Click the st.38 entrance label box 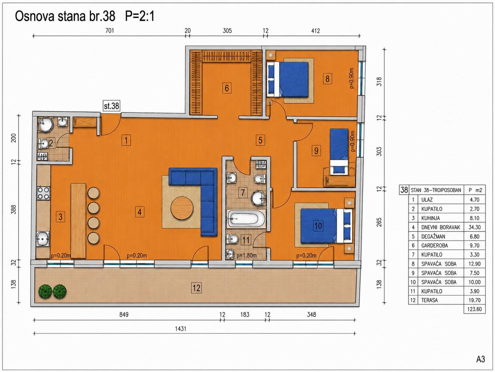(x=111, y=106)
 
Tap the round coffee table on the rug (x=182, y=208)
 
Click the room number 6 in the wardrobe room (x=227, y=88)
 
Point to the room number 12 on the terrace (x=196, y=288)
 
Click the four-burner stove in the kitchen (x=44, y=193)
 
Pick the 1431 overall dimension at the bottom (x=180, y=329)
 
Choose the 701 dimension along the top (x=110, y=31)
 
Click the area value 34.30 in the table (x=474, y=227)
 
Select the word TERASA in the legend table (x=429, y=300)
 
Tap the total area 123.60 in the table (x=474, y=309)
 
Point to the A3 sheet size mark (x=481, y=359)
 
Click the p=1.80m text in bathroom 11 (x=247, y=256)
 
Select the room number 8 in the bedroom (x=327, y=79)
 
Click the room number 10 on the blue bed (x=318, y=226)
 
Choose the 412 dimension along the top (x=315, y=31)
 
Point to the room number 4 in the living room (x=140, y=212)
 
